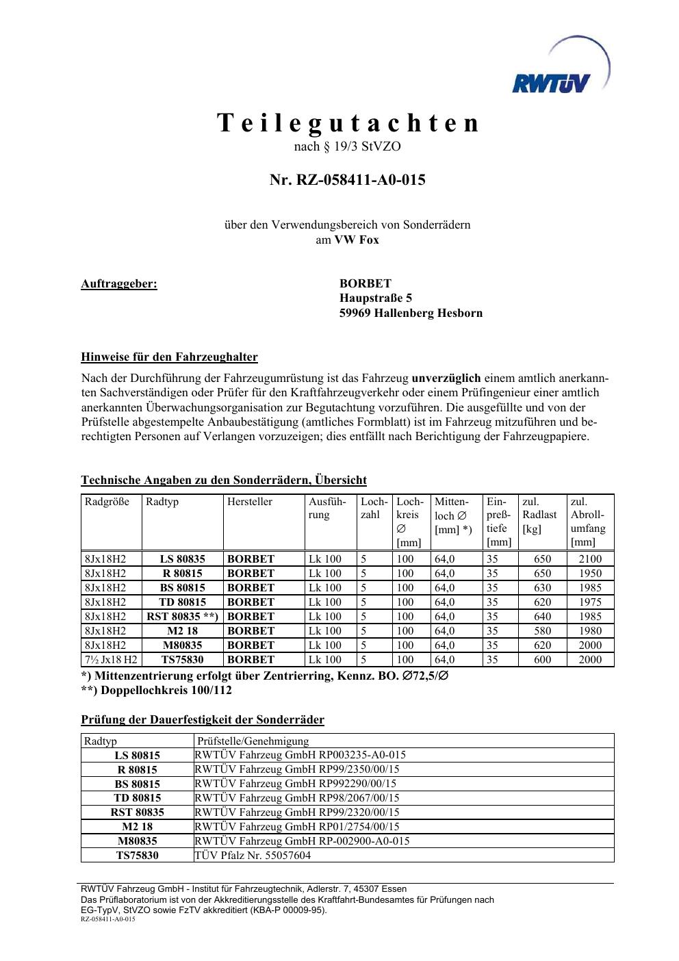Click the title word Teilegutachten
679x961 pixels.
pos(348,123)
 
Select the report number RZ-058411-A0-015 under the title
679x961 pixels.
pos(348,180)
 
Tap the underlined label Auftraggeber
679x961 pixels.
pos(119,283)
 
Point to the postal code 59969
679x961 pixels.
pos(355,313)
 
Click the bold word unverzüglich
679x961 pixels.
pos(446,378)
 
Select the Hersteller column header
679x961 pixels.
pos(250,502)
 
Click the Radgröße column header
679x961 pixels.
pos(107,502)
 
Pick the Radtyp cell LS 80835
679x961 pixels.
pos(182,559)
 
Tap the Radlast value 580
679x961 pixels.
pos(542,631)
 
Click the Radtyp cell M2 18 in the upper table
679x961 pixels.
pos(182,631)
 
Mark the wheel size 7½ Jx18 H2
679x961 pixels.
pos(111,660)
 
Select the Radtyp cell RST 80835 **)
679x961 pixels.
pos(182,617)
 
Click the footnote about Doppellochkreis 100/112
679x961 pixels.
pos(157,690)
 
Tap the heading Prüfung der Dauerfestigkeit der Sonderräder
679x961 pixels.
pos(203,719)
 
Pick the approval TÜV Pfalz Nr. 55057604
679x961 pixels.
pos(253,856)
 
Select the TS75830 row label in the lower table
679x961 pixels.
pos(137,856)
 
